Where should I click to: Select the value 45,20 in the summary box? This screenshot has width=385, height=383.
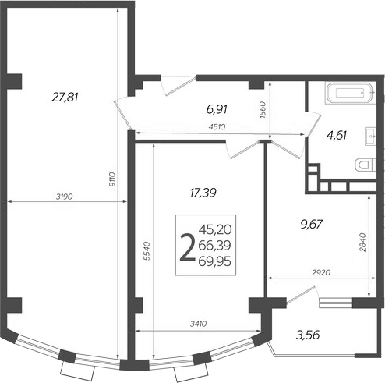point(215,230)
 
